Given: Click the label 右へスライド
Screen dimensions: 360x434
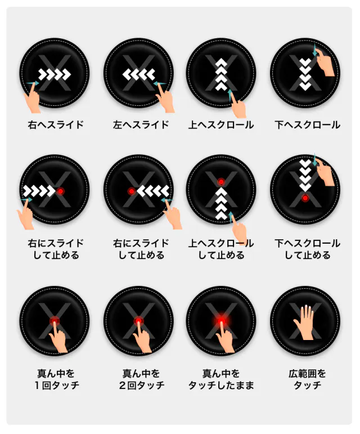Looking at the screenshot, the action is click(x=56, y=125).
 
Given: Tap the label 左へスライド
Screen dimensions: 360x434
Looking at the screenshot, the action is click(x=141, y=125).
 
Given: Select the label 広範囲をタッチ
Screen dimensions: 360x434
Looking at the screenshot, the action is click(x=307, y=379).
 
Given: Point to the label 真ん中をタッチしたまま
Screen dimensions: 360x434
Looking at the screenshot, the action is click(x=221, y=379).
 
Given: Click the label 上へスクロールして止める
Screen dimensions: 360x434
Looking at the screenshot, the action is click(x=221, y=249).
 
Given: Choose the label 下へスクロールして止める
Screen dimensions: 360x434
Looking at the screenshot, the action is click(x=307, y=249).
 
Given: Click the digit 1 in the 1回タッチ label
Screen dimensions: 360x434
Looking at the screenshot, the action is click(x=37, y=385).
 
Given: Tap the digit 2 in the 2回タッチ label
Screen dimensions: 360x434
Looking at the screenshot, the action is click(x=123, y=385).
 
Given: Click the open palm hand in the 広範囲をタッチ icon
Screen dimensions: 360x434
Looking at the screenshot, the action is click(x=304, y=323).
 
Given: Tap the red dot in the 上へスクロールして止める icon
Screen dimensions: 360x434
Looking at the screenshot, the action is click(x=221, y=182).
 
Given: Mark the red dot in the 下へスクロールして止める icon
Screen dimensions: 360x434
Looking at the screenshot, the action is click(x=305, y=198).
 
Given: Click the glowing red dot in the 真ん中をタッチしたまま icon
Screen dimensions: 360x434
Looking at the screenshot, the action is click(x=221, y=321).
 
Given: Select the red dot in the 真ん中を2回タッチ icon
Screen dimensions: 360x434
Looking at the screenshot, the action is click(x=138, y=321).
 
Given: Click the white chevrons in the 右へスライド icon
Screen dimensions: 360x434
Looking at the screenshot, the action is click(x=55, y=74).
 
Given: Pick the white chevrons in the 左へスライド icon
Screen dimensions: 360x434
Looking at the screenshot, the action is click(x=139, y=74).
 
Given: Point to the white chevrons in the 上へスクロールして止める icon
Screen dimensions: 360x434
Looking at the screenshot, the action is click(x=221, y=204).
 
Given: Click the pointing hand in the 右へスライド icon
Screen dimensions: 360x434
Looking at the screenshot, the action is click(x=33, y=99).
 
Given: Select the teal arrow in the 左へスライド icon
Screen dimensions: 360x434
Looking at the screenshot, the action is click(x=160, y=83).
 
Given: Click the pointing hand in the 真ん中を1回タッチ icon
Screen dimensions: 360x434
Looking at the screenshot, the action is click(x=58, y=338).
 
